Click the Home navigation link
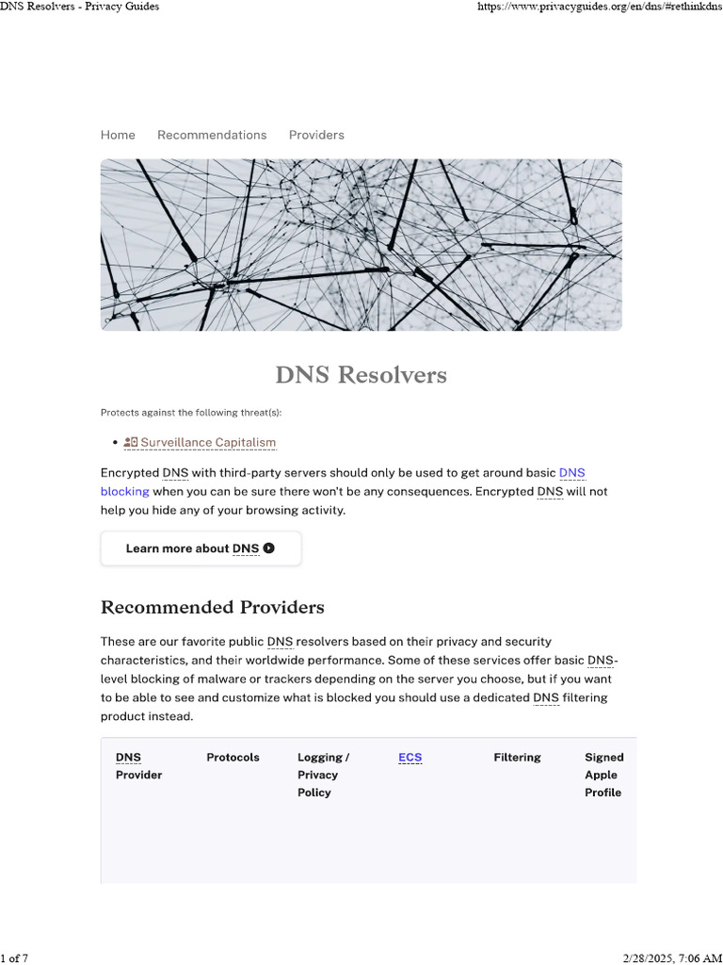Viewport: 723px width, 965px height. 118,135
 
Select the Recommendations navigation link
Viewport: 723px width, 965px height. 212,135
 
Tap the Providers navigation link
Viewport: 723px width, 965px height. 316,135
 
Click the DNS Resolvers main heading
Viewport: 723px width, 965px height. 361,375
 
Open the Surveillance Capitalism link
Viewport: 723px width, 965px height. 208,442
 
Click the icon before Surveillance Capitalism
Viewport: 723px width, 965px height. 131,442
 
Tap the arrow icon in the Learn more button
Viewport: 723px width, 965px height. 269,548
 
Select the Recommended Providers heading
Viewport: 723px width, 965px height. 212,606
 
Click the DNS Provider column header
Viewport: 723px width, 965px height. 138,766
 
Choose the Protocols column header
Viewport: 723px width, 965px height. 233,757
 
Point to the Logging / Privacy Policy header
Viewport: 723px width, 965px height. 323,775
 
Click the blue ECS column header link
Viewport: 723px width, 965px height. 410,757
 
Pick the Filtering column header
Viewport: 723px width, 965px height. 517,757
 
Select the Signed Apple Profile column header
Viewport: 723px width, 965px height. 603,775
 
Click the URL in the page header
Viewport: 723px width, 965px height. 598,7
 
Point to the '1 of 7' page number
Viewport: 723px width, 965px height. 15,958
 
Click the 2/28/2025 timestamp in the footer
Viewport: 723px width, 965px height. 672,958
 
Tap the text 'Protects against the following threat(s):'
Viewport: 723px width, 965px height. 191,413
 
